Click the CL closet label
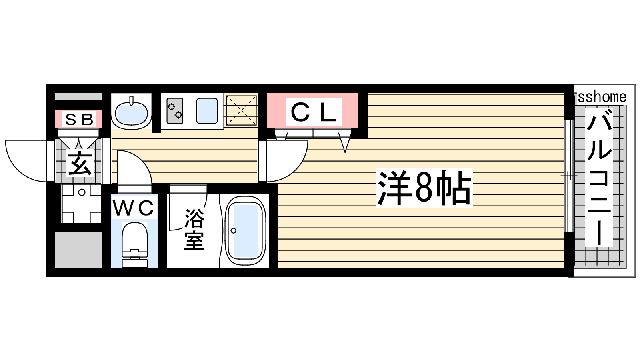314,112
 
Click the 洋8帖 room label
424,188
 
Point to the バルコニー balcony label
599,177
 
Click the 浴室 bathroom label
194,230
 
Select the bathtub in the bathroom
246,231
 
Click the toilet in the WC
134,245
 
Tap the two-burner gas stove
175,111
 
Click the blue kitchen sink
207,111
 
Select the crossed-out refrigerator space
242,110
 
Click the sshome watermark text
602,97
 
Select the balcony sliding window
569,176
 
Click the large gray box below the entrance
78,250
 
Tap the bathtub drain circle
234,230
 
